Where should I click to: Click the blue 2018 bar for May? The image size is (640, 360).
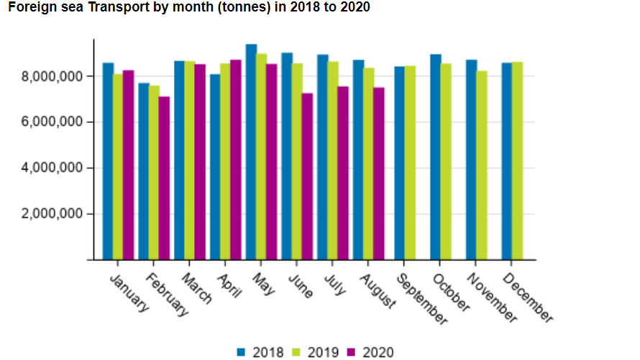(x=251, y=152)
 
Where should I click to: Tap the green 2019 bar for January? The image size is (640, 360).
(x=118, y=167)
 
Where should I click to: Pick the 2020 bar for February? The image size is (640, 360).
(x=165, y=177)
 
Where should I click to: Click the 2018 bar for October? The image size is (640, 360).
(x=436, y=157)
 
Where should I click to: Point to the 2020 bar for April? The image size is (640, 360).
(x=236, y=160)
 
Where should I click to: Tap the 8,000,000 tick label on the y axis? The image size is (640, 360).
(x=53, y=76)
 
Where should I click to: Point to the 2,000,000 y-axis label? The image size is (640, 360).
(x=53, y=214)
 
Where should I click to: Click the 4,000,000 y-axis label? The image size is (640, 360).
(x=53, y=168)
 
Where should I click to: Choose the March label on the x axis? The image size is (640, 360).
(x=197, y=287)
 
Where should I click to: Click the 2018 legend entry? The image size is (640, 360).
(x=263, y=352)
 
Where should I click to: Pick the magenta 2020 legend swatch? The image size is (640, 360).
(x=352, y=352)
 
